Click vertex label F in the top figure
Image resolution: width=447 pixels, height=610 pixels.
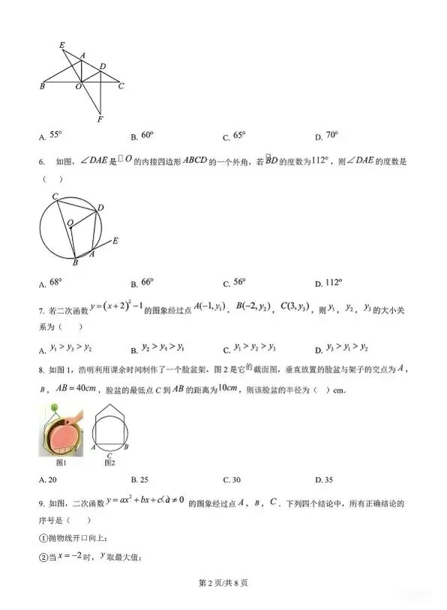click(100, 118)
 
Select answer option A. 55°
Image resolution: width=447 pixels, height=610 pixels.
click(50, 136)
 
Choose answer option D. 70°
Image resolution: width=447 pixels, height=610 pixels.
click(327, 136)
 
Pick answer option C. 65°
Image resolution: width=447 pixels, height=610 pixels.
click(234, 136)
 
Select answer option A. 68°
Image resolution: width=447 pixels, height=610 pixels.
click(50, 283)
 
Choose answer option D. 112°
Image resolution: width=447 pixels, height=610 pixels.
click(329, 283)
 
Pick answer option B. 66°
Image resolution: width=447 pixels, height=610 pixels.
click(142, 283)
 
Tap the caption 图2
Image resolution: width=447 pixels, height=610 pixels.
click(109, 463)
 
